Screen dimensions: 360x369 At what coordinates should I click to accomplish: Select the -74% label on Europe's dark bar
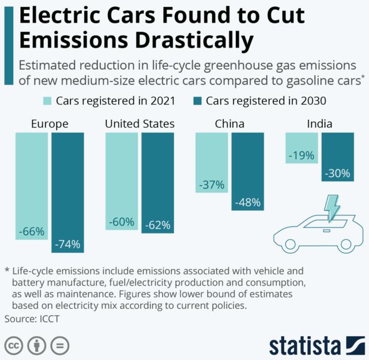[x=67, y=244]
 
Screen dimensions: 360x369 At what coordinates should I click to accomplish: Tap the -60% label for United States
[x=122, y=222]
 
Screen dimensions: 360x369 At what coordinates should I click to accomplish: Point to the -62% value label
[x=157, y=225]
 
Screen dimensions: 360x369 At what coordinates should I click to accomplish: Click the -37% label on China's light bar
[x=211, y=185]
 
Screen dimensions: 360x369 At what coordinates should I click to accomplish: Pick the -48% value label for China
[x=247, y=203]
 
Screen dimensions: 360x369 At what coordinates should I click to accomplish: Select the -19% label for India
[x=302, y=155]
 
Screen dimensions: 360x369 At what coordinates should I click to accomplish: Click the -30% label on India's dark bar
[x=337, y=173]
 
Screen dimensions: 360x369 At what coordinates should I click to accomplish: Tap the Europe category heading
[x=50, y=124]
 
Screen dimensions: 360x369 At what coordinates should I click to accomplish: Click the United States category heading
[x=140, y=124]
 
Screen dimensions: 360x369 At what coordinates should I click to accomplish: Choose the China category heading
[x=229, y=124]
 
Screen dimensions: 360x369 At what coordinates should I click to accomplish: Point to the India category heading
[x=319, y=124]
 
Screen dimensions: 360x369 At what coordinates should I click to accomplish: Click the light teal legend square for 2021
[x=47, y=101]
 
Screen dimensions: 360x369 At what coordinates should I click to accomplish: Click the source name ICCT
[x=48, y=317]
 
